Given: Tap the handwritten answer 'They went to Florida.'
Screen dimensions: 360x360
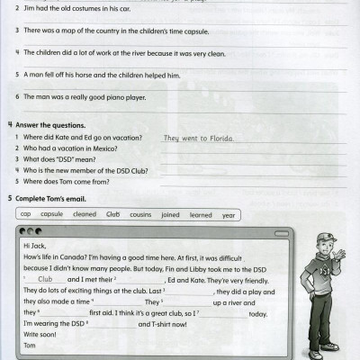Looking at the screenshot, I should tap(198, 139).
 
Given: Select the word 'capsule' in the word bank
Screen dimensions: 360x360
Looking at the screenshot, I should tap(52, 214).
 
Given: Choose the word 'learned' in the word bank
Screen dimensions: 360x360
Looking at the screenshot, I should tap(201, 214).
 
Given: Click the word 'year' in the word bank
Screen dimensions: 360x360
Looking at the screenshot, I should tap(229, 214).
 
